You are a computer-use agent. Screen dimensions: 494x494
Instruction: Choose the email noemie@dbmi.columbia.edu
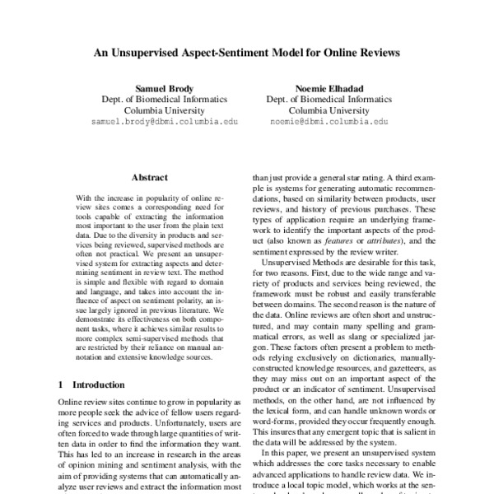329,121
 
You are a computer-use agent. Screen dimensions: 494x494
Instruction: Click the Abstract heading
149,177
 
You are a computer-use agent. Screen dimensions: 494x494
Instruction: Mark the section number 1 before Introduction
62,384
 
